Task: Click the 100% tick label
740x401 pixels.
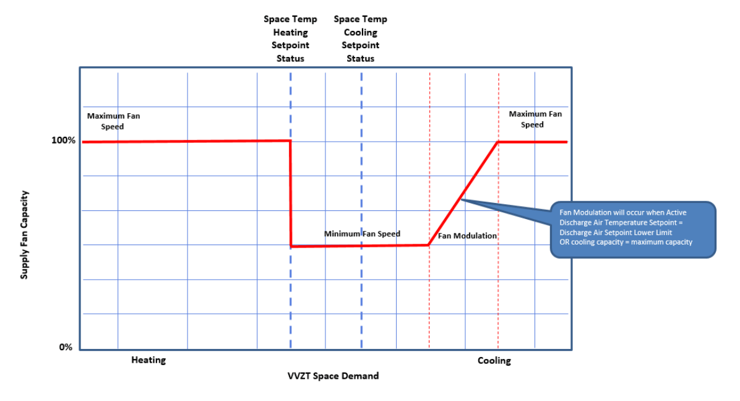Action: tap(63, 140)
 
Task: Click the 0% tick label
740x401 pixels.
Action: tap(66, 347)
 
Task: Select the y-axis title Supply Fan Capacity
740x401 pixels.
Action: tap(24, 234)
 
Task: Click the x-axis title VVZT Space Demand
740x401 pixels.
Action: tap(333, 376)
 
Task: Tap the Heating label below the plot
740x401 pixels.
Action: tap(148, 360)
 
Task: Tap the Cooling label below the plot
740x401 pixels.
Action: tap(494, 361)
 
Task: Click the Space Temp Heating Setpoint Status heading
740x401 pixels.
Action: tap(290, 39)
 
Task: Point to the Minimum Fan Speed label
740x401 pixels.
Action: tap(362, 234)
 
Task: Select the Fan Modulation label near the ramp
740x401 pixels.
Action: tap(467, 236)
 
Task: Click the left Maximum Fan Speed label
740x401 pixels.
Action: tap(113, 121)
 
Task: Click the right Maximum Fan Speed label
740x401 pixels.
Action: tap(535, 119)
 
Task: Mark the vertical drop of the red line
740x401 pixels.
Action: tap(291, 193)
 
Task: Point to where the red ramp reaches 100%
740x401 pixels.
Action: tap(498, 142)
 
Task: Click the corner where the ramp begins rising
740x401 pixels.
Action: tap(429, 245)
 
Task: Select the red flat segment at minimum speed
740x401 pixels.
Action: tap(359, 246)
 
